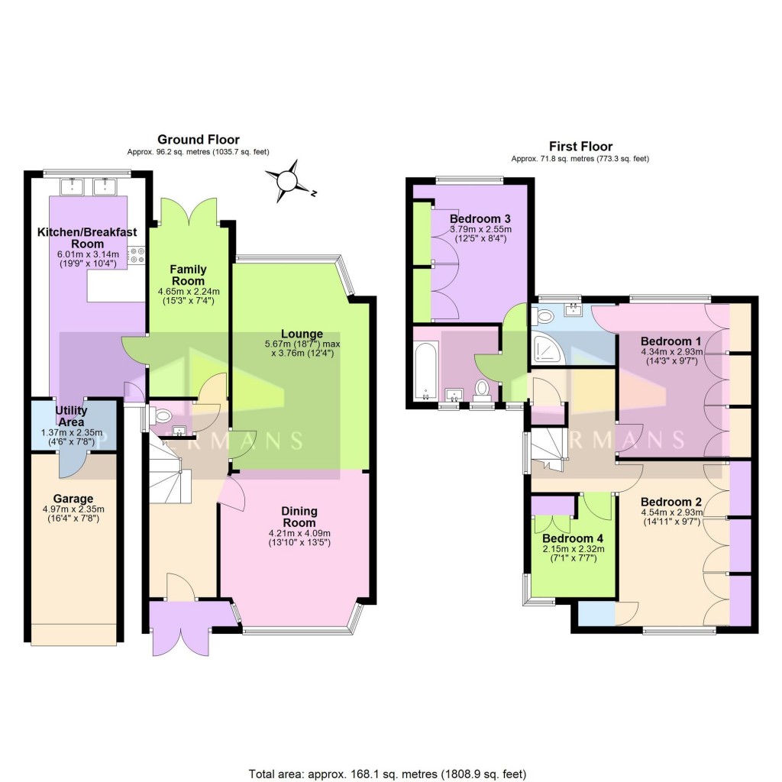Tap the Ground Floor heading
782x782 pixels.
pyautogui.click(x=198, y=140)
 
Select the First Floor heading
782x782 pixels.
pyautogui.click(x=580, y=147)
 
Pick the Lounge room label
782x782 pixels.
pyautogui.click(x=302, y=334)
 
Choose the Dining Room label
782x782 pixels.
pyautogui.click(x=299, y=517)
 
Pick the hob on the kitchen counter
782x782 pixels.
pyautogui.click(x=137, y=255)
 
